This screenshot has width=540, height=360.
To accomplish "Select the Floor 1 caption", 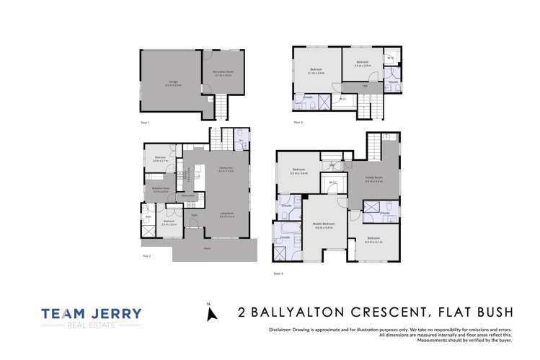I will pos(146,123).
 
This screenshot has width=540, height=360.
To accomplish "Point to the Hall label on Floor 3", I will pos(366,86).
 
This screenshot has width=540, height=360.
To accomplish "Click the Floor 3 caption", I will pos(298,123).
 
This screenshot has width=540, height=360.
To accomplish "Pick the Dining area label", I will pos(226,170).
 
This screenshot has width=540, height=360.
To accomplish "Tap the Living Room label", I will pos(226,215).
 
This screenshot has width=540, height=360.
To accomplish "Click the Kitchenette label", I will pos(190,195).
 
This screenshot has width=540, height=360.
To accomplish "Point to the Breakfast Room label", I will pos(160,188).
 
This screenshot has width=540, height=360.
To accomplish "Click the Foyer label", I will pos(194,215).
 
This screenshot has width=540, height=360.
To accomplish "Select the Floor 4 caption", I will pos(279,273).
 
